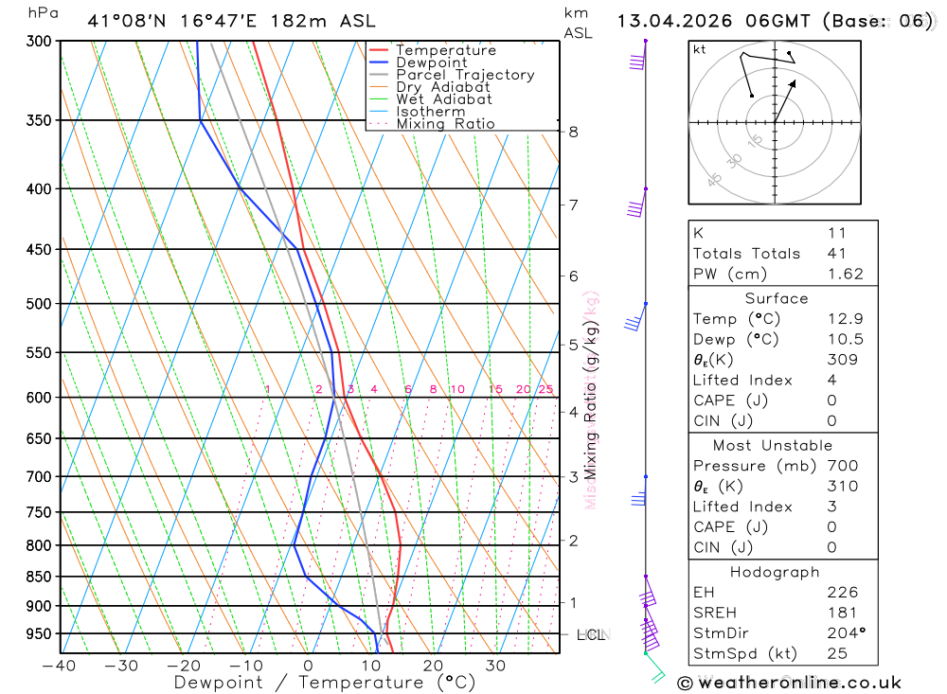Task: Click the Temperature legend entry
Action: coord(445,50)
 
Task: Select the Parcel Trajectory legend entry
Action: coord(465,75)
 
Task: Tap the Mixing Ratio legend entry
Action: coord(445,124)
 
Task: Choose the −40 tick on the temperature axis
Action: coord(60,666)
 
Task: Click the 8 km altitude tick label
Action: coord(573,132)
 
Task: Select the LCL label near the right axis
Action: coord(590,634)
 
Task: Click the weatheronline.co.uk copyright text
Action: coord(789,682)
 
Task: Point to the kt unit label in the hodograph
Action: coord(700,49)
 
